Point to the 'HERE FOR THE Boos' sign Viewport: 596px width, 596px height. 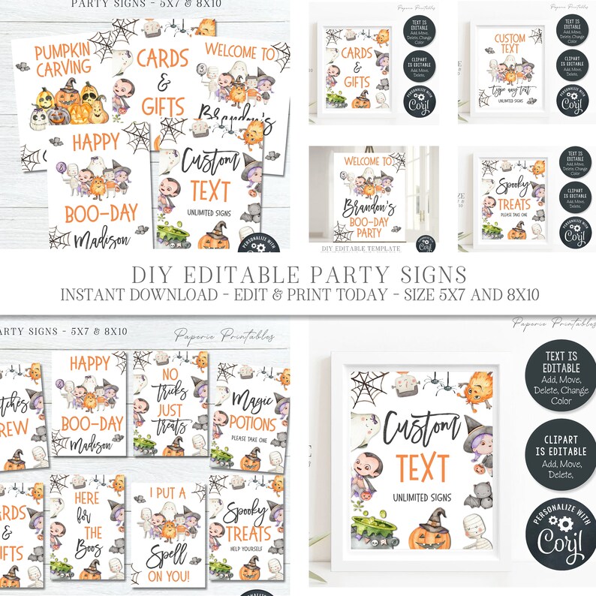[x=88, y=528]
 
